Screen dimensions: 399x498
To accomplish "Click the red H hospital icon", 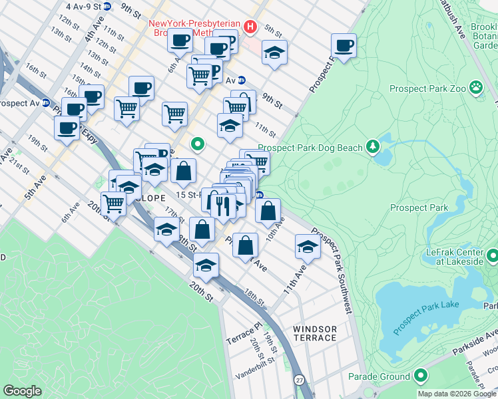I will tap(250, 27).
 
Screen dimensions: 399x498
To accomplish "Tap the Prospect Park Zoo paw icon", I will tap(476, 87).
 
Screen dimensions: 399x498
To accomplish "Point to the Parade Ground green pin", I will tap(420, 376).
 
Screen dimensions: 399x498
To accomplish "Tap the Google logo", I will tap(23, 391).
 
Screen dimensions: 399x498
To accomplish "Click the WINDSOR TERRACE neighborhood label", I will tap(315, 333).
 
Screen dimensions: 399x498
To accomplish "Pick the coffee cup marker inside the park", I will tap(344, 46).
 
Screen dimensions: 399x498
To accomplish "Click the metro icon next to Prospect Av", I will tap(46, 103).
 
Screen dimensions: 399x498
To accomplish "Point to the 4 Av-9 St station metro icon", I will tap(109, 5).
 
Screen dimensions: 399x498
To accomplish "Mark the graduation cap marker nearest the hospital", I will tap(274, 53).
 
